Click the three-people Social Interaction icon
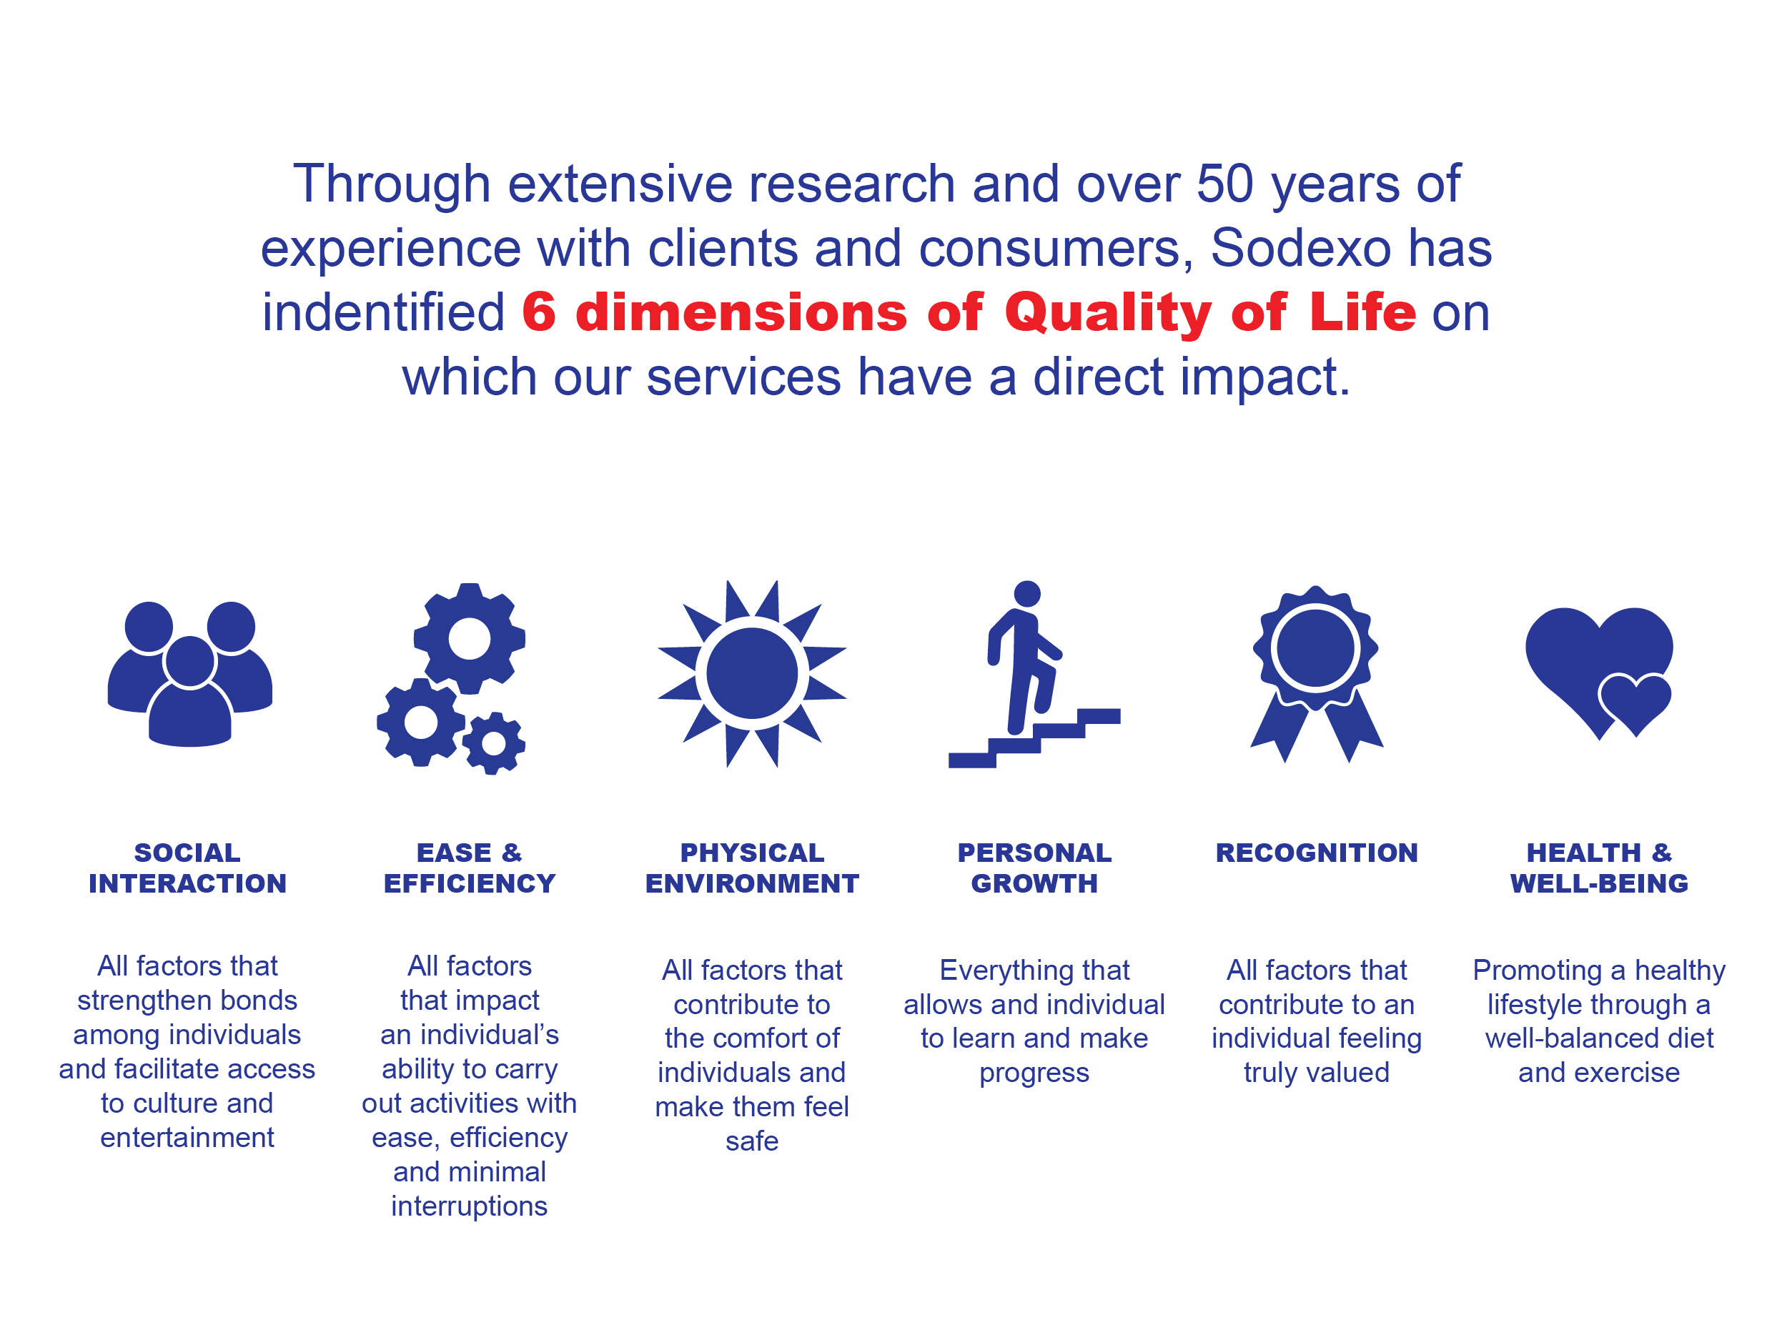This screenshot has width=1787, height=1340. click(190, 675)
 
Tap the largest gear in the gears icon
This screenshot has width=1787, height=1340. click(470, 639)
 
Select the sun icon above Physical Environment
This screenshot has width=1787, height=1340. click(752, 674)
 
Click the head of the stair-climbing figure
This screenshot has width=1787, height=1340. click(1026, 594)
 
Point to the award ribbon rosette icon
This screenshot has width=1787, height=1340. click(1316, 674)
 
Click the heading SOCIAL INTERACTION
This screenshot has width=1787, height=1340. click(187, 868)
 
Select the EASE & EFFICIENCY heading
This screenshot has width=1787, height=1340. click(470, 868)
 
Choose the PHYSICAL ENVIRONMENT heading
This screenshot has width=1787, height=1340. click(752, 868)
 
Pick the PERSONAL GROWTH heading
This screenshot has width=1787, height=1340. click(1034, 868)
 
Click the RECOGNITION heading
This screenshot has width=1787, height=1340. click(1317, 853)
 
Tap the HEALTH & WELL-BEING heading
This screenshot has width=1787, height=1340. click(1600, 868)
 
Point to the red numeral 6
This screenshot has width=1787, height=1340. click(539, 312)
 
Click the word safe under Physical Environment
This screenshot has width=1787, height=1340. click(752, 1141)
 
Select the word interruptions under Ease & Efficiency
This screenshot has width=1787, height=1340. click(470, 1206)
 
